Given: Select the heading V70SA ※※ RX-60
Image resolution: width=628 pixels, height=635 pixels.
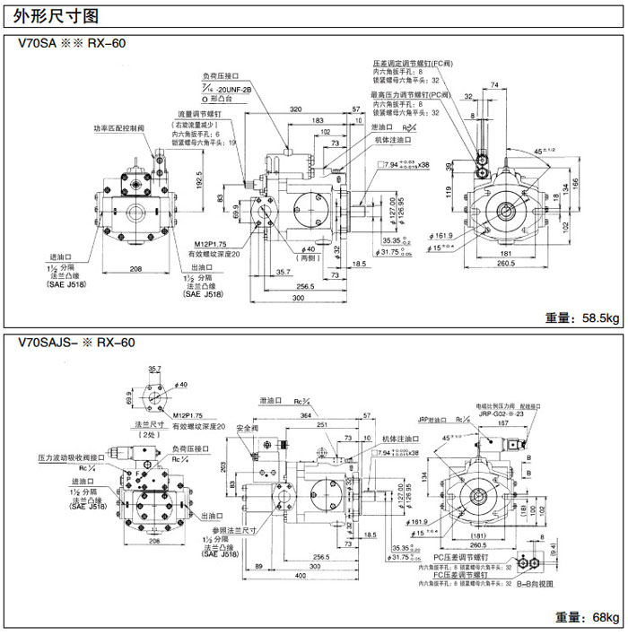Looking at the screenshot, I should pos(76,42).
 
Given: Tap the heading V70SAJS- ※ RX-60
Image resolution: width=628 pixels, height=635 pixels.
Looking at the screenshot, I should pos(76,343).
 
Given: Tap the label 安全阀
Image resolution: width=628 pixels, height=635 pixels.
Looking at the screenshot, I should pos(247,429).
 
